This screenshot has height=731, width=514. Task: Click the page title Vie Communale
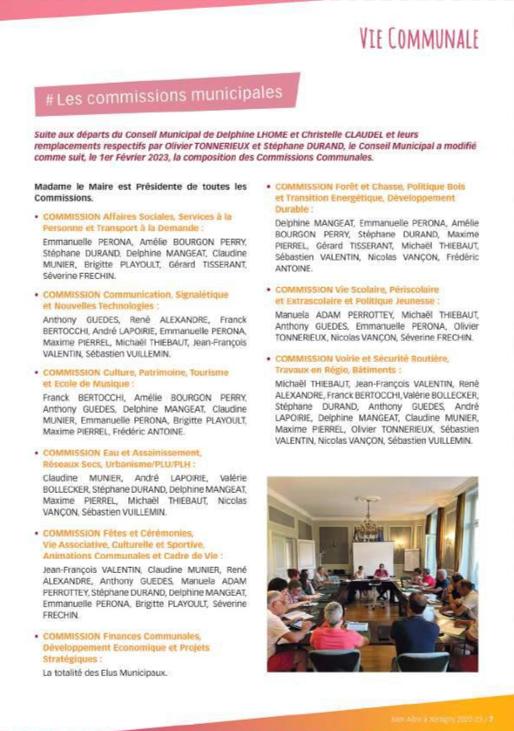[x=419, y=38]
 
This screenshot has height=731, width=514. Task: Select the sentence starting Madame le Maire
[x=139, y=192]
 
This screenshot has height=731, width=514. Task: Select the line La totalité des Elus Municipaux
[x=105, y=673]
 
